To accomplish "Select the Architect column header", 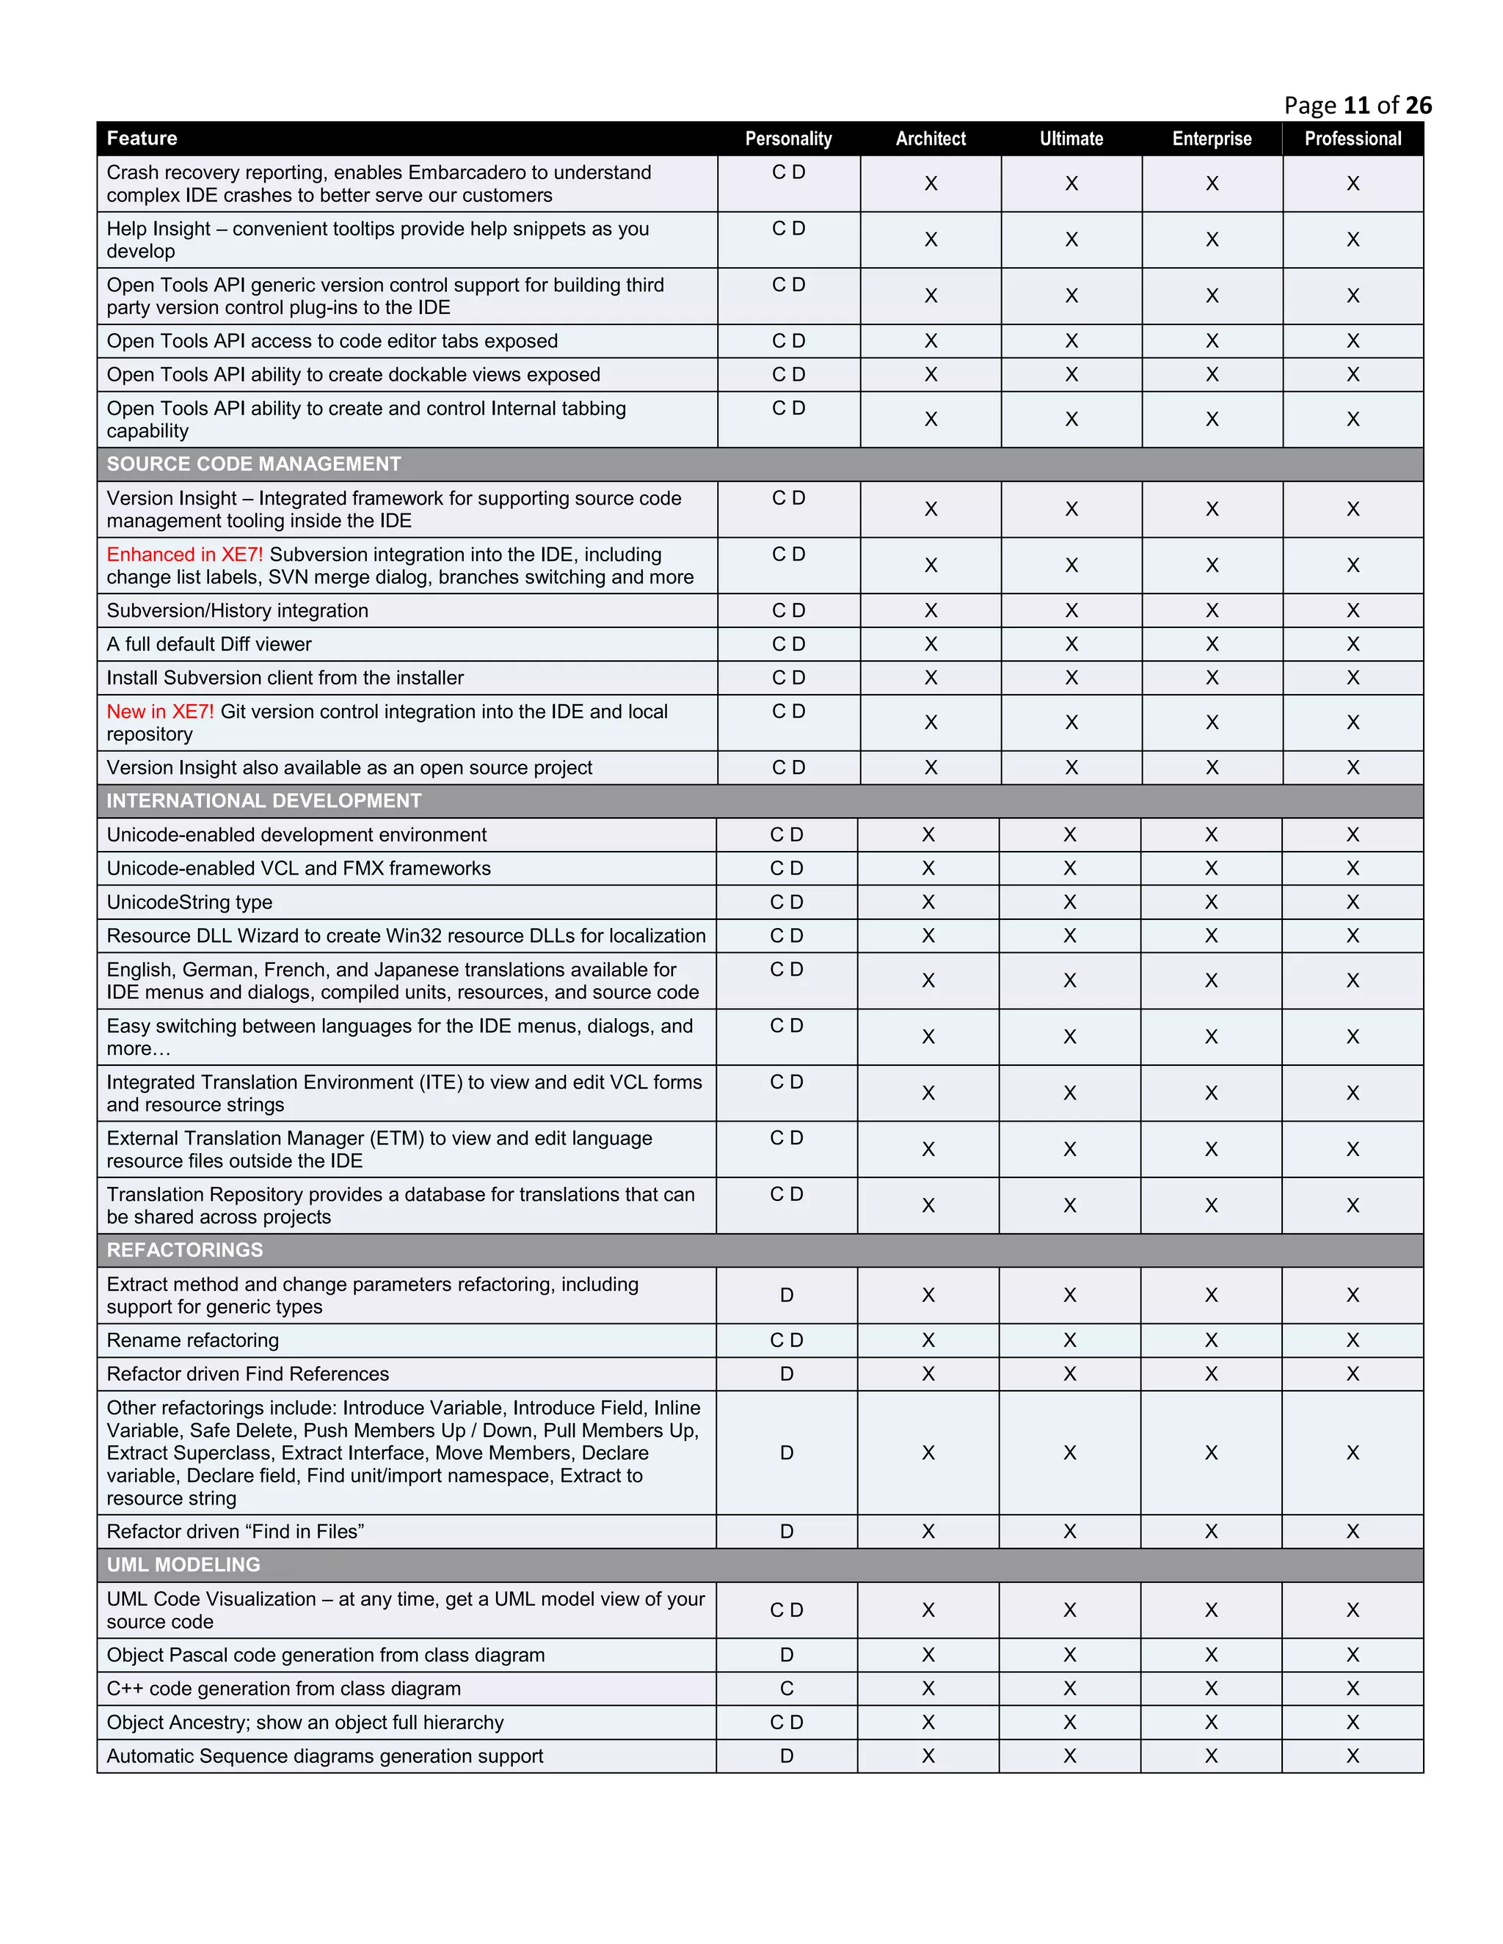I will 931,139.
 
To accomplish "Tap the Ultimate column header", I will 1071,139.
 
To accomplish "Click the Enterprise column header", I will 1212,139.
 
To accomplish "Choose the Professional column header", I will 1353,139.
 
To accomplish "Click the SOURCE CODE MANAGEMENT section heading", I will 254,464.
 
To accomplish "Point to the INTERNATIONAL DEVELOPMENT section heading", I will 263,800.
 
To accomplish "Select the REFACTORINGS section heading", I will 184,1250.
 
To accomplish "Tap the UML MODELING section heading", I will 183,1565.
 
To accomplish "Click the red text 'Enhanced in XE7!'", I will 184,555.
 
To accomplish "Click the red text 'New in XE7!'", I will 160,711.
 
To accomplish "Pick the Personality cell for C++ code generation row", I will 786,1689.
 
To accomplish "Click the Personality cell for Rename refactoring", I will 786,1340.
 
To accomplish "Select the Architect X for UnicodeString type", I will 928,902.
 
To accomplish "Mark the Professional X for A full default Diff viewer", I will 1353,644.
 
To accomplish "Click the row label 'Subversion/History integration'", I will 237,610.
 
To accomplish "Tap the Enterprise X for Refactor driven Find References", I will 1211,1374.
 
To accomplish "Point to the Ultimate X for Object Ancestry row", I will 1069,1722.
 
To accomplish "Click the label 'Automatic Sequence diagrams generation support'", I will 324,1756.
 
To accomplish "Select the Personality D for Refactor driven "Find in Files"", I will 786,1532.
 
